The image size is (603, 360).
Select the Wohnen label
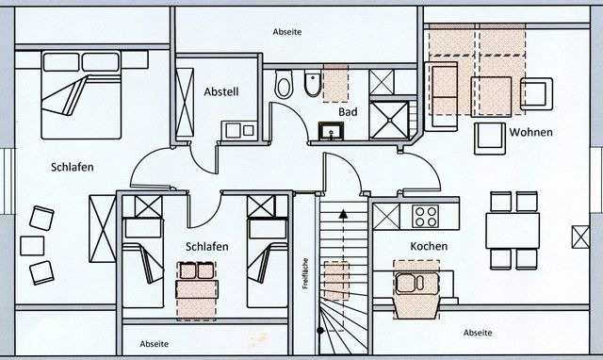point(530,132)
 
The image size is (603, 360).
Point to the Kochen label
point(429,247)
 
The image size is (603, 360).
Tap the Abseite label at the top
point(286,31)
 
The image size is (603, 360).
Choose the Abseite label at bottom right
point(478,333)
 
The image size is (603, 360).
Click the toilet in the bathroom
point(285,86)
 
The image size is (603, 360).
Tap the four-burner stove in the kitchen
point(426,217)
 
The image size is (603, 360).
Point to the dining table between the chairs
point(513,229)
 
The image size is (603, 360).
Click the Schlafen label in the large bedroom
point(72,167)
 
